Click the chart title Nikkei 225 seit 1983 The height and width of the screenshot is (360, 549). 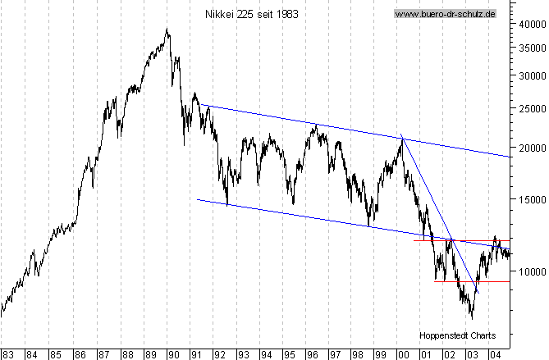point(251,14)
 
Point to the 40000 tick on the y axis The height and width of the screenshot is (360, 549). point(531,25)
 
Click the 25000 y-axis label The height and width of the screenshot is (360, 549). point(531,108)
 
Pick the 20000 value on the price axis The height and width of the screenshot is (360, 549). point(531,148)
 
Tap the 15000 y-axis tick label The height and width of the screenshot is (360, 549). point(531,199)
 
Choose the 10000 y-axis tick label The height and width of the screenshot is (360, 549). point(531,271)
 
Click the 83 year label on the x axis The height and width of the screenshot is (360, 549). point(8,354)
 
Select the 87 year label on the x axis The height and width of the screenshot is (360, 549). point(104,354)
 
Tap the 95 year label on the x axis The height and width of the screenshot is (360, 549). point(289,354)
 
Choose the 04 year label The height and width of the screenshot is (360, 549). point(494,354)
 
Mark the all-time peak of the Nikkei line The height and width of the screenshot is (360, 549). point(167,30)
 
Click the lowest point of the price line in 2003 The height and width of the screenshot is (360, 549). point(472,317)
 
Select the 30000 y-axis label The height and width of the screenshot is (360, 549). point(531,75)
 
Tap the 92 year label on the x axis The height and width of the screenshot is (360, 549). point(220,354)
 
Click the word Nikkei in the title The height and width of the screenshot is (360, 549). point(219,14)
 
